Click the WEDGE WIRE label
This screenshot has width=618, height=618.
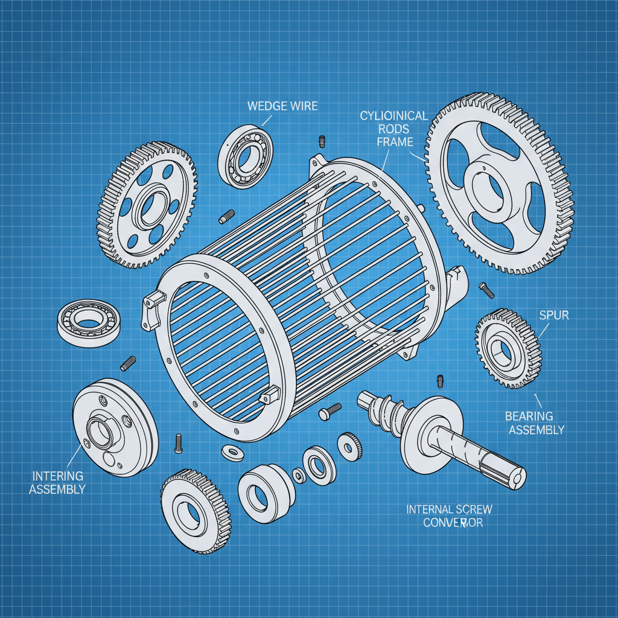click(x=282, y=107)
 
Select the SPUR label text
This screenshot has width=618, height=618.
click(x=554, y=316)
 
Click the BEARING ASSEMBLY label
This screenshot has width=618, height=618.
click(x=537, y=422)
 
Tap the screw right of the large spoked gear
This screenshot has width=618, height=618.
click(x=486, y=290)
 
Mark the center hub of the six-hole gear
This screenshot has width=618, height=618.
click(x=147, y=205)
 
